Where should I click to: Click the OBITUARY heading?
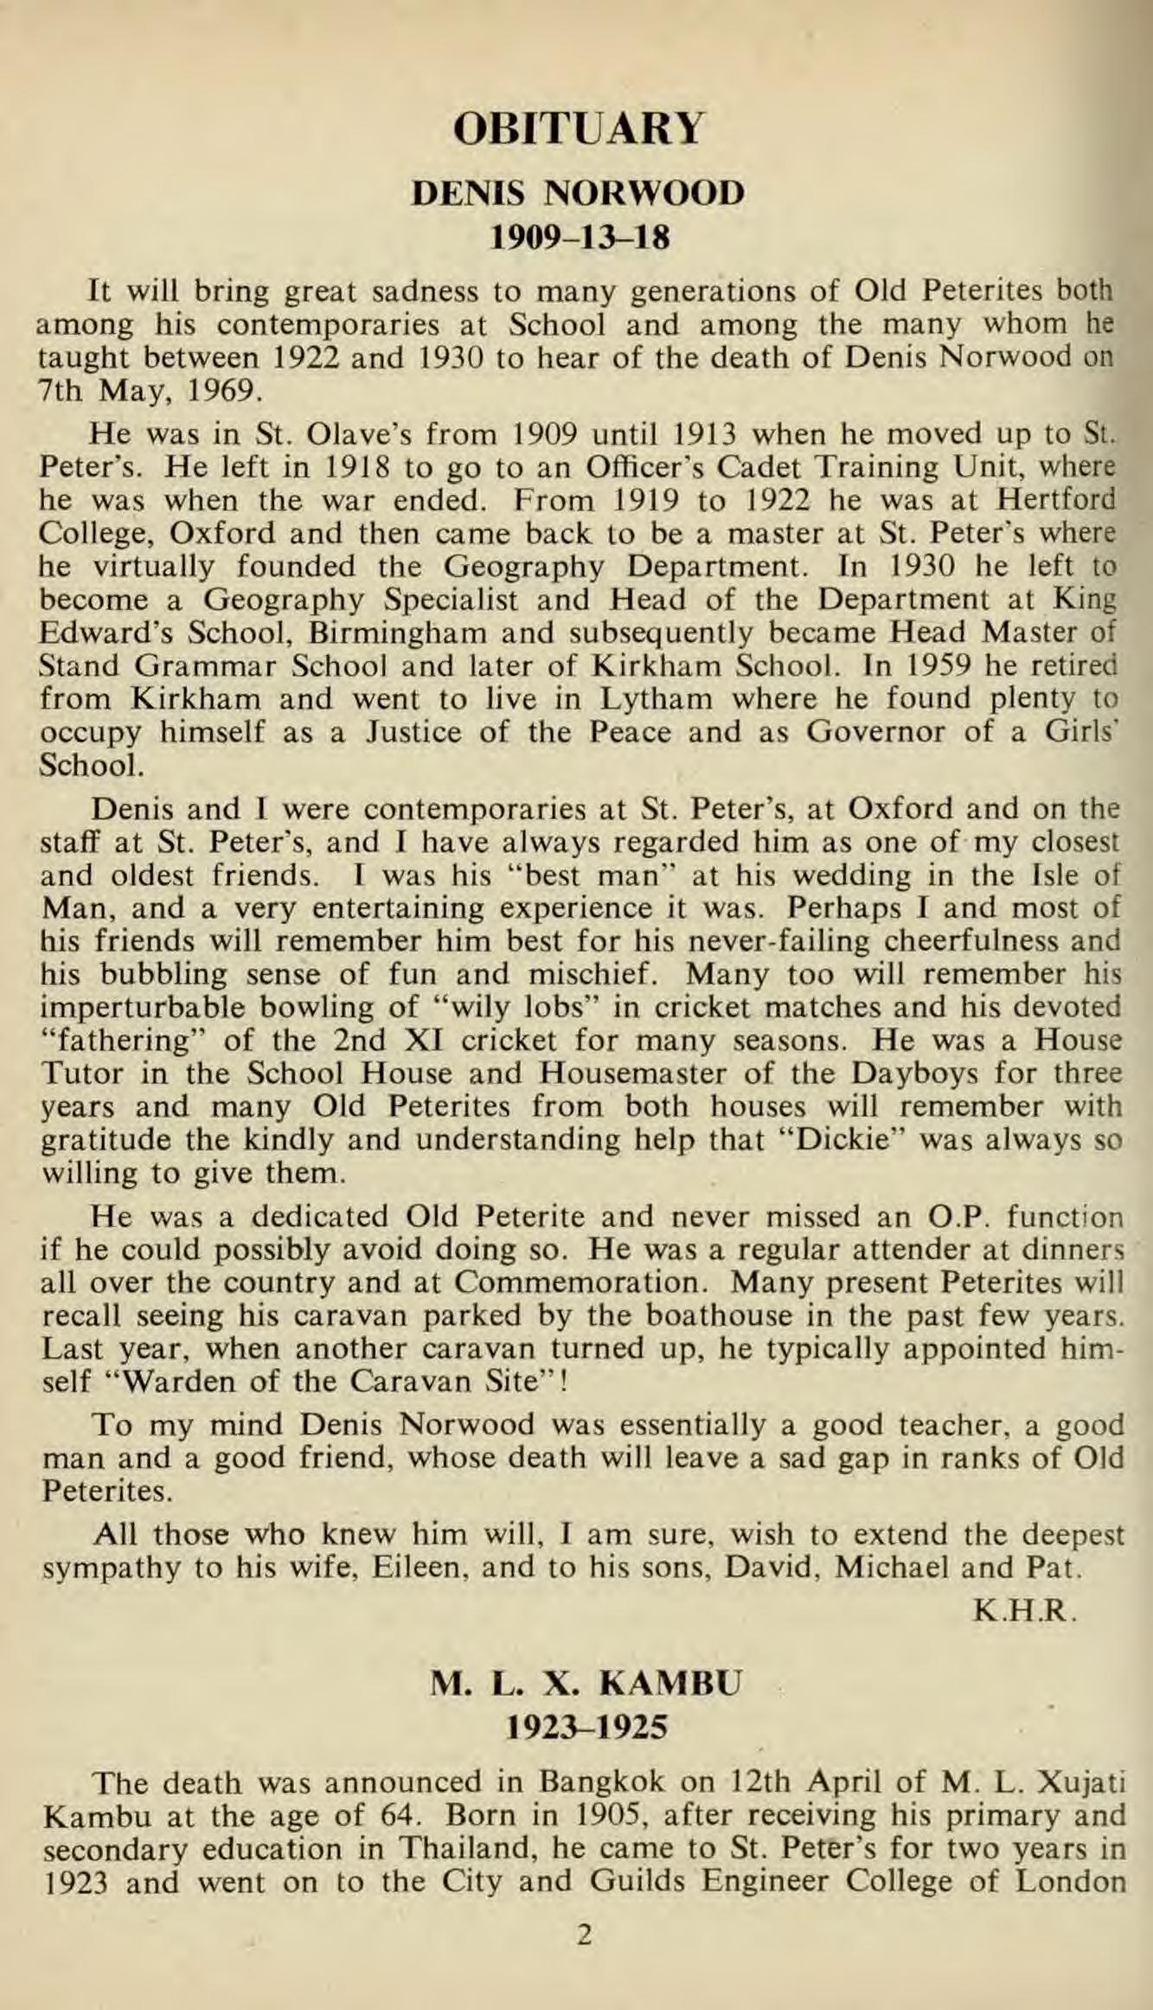[x=578, y=129]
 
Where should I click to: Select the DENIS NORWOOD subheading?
[x=578, y=193]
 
